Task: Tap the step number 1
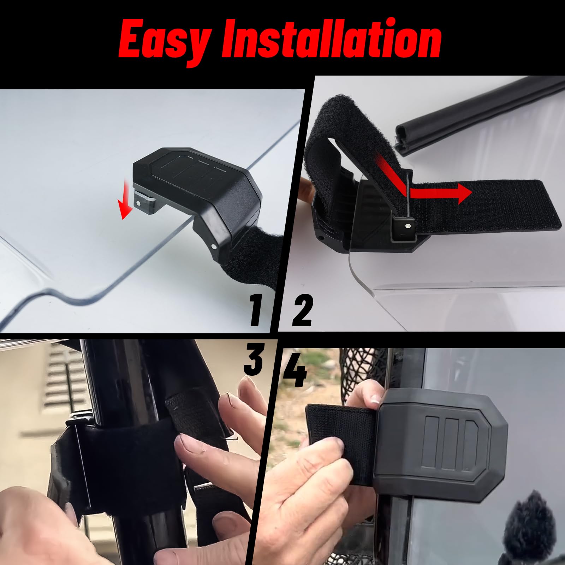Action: point(255,311)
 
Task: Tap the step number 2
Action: point(301,311)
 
